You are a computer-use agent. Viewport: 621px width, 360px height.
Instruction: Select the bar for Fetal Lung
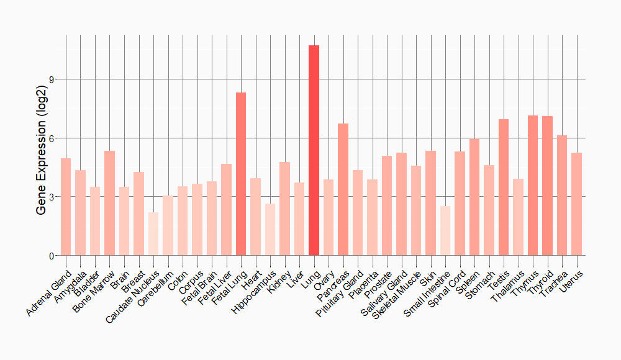[241, 174]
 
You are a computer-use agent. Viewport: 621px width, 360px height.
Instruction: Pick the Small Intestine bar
[445, 230]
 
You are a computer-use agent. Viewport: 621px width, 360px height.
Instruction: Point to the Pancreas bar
[343, 189]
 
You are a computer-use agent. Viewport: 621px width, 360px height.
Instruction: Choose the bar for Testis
[504, 187]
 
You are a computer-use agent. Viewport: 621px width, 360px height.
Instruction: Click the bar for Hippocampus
[270, 229]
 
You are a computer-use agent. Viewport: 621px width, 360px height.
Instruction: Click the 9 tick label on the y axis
[52, 79]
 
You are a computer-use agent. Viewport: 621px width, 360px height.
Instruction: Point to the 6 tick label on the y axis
[52, 138]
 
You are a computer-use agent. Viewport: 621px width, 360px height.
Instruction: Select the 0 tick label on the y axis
[52, 256]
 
